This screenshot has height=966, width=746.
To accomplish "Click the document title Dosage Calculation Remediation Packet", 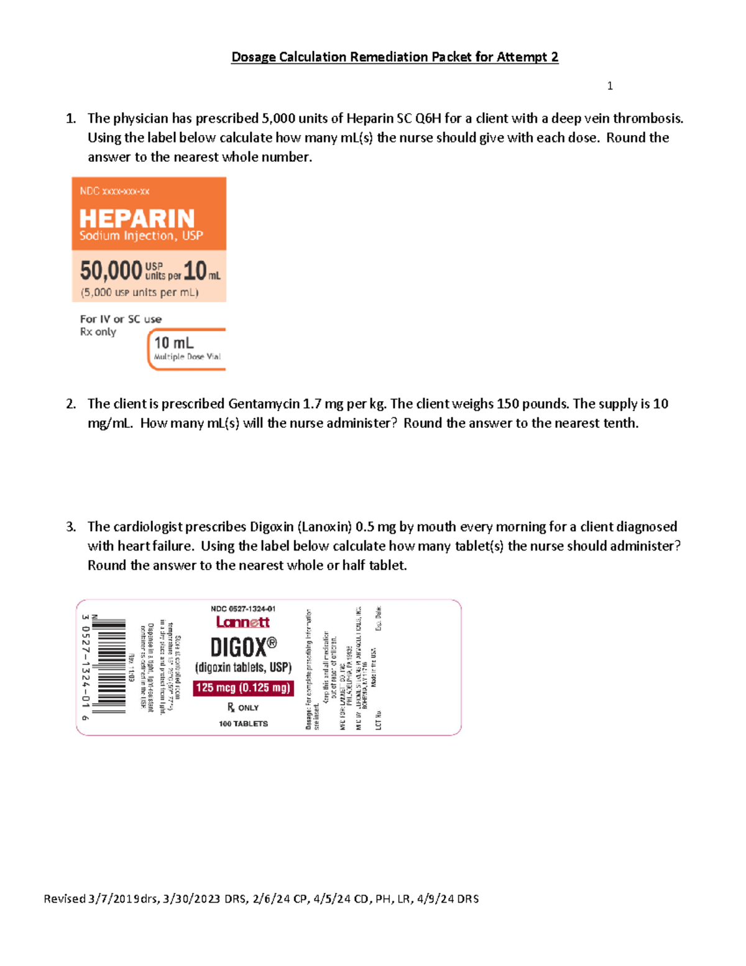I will click(394, 57).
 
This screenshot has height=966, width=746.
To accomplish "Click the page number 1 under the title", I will click(610, 86).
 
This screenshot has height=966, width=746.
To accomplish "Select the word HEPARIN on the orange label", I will click(137, 218).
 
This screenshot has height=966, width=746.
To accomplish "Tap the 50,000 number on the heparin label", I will click(111, 271).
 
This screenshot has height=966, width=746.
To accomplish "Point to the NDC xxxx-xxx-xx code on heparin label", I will click(114, 191).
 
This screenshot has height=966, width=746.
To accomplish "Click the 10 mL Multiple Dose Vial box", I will click(186, 349).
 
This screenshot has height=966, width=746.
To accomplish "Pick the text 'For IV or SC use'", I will click(121, 319).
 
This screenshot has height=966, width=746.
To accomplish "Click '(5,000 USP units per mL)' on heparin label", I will click(140, 292).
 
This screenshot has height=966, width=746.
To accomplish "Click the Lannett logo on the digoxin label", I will click(243, 622).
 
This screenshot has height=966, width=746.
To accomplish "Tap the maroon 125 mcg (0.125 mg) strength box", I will click(243, 688).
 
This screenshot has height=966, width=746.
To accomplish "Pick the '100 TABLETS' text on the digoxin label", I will click(243, 723).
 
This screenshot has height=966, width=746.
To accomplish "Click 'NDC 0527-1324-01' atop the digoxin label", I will click(243, 609).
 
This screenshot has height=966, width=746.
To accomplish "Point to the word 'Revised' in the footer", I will click(65, 899).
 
